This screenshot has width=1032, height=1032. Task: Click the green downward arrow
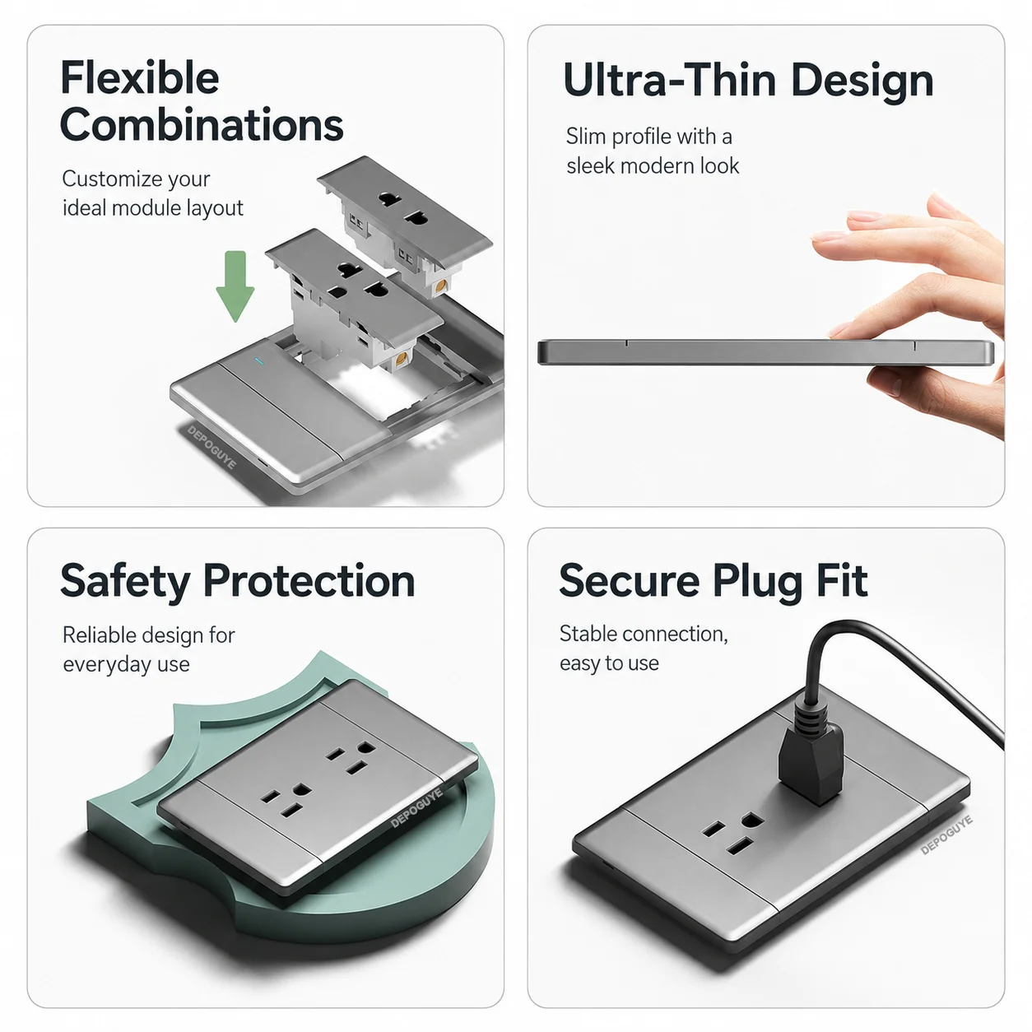[x=235, y=286]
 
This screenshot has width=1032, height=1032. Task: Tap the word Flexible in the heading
[x=140, y=77]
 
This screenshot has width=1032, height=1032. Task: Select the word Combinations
[x=202, y=125]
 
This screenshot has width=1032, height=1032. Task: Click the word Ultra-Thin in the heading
[x=669, y=81]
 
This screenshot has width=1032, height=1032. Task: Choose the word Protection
[x=309, y=581]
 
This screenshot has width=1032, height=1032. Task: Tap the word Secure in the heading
[x=630, y=581]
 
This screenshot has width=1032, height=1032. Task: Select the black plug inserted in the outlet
[x=811, y=760]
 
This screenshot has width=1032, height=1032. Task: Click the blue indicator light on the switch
[x=260, y=360]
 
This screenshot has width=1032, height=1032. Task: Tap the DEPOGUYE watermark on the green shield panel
[x=416, y=808]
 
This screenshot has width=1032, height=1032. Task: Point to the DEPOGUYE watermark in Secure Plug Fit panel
[x=946, y=835]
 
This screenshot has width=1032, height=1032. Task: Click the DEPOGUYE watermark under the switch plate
[x=212, y=448]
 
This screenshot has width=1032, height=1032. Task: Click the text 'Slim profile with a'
[x=649, y=137]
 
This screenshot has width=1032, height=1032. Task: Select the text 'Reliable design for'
[x=149, y=635]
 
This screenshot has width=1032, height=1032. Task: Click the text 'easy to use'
[x=610, y=664]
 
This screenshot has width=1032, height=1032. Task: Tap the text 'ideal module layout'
[x=153, y=207]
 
